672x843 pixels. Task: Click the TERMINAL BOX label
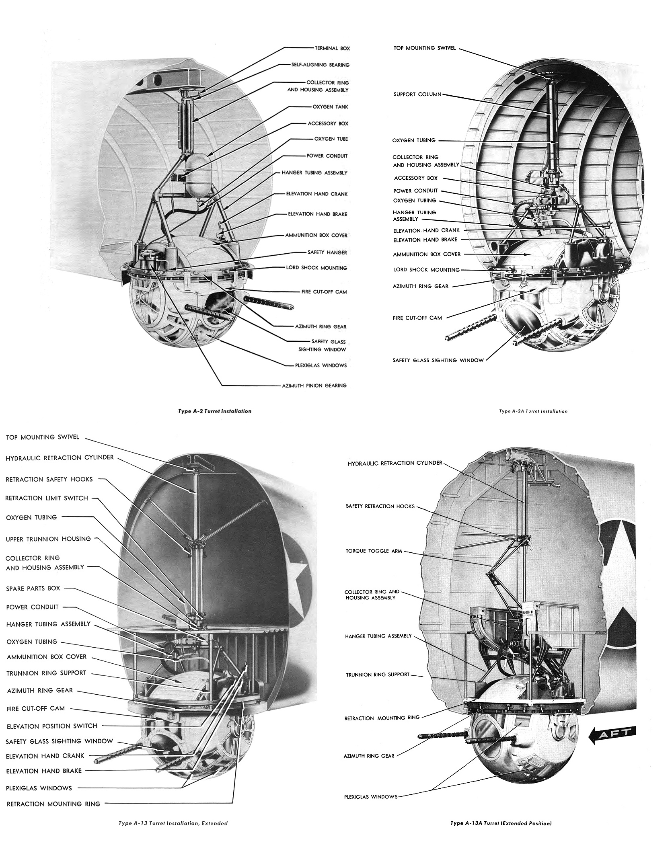point(332,48)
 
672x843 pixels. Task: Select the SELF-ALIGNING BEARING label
point(321,65)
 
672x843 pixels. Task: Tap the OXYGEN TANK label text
point(330,107)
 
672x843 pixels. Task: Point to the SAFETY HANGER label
point(327,252)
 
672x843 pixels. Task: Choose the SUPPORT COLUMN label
point(417,94)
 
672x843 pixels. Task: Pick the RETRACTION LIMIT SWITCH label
point(47,498)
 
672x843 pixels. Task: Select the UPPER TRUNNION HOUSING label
point(48,539)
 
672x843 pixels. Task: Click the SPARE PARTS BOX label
point(33,588)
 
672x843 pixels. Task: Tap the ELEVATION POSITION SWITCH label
point(52,726)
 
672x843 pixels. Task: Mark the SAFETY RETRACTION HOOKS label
point(380,506)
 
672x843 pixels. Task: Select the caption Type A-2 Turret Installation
point(215,411)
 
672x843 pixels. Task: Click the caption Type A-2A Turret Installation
point(533,411)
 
